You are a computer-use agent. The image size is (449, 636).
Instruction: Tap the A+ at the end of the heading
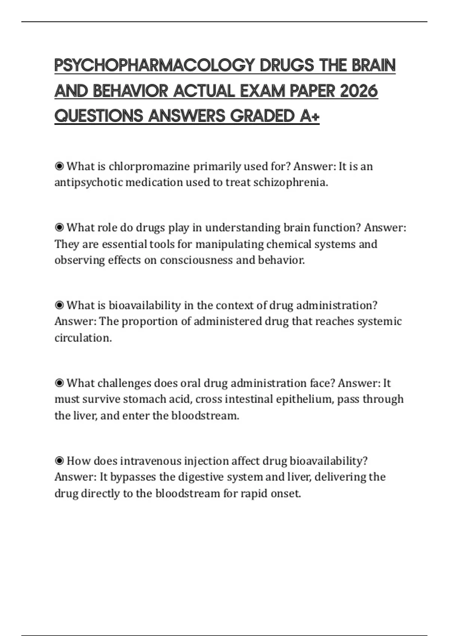309,116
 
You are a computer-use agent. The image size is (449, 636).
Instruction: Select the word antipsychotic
88,183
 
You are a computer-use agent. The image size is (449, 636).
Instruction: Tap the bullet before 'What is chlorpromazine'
59,166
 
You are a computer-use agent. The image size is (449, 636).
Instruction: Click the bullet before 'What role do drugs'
59,227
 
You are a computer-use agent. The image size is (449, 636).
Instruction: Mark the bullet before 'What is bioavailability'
59,305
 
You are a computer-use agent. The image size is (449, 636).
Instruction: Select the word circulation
83,338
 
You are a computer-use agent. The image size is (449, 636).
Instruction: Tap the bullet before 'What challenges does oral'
59,383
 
